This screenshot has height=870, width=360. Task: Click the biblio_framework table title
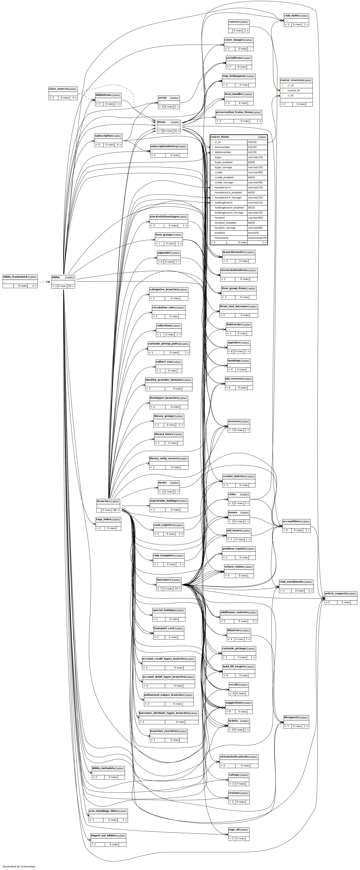15,277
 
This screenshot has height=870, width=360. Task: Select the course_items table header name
220,137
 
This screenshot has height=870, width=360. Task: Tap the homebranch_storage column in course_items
228,197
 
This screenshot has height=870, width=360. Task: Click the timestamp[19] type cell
257,238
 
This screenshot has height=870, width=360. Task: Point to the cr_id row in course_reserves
290,86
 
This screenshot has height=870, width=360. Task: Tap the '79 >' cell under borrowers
177,589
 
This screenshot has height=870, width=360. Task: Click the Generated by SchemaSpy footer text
19,866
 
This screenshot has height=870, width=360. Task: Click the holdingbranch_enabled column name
229,208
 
